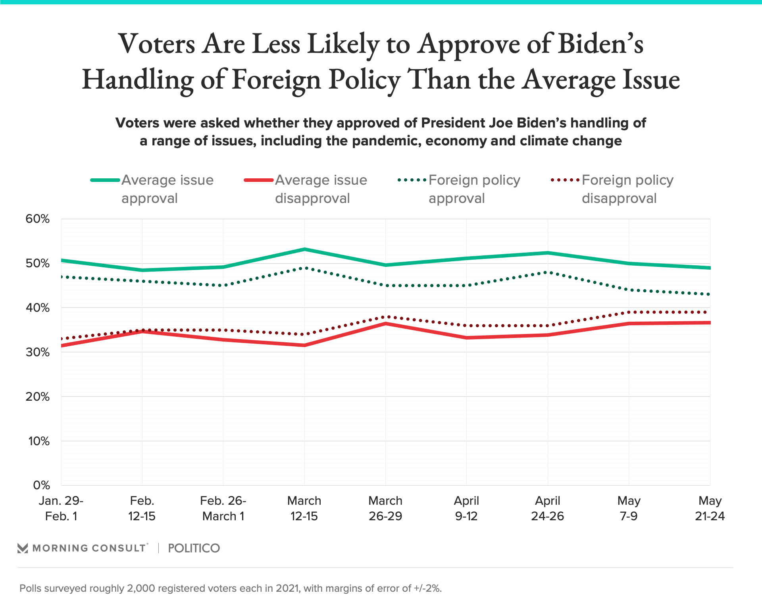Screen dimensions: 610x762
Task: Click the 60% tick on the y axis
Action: click(x=38, y=219)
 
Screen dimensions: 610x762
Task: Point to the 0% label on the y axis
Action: click(x=41, y=485)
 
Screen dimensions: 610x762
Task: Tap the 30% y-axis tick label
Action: click(x=38, y=352)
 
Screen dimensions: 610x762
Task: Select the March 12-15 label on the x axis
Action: click(x=304, y=508)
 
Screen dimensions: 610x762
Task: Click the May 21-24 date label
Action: click(x=710, y=508)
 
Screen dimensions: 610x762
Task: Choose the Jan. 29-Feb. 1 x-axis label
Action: click(x=61, y=508)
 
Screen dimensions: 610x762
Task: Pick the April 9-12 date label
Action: click(x=466, y=508)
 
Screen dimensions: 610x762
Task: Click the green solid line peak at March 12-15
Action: click(x=304, y=249)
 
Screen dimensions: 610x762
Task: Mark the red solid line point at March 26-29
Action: click(x=385, y=324)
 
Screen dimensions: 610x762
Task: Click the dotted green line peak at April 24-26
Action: click(x=548, y=272)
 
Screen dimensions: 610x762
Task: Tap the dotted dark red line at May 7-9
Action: click(x=629, y=313)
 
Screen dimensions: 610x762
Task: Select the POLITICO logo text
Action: click(x=194, y=548)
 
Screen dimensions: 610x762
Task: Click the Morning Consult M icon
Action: click(x=23, y=548)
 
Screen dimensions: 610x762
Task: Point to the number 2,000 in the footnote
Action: click(x=141, y=589)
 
